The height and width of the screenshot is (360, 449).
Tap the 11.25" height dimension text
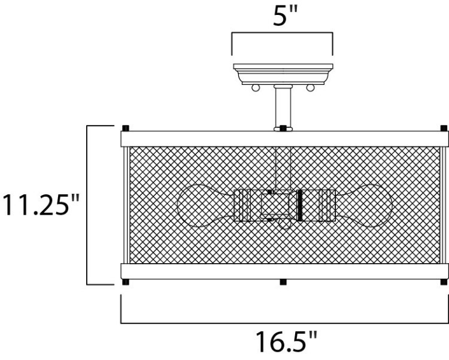40,205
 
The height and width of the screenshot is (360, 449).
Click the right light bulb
365,206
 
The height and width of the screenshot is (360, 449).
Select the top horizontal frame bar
284,139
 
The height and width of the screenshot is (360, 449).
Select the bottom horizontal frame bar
284,271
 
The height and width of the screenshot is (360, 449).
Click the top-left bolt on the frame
126,128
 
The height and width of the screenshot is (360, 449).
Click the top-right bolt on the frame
443,128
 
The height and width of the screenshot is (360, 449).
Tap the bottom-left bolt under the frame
126,282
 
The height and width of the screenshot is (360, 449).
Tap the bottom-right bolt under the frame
443,282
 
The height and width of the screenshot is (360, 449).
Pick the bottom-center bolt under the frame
282,282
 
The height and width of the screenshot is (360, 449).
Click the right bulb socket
318,206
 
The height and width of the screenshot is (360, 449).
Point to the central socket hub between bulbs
277,206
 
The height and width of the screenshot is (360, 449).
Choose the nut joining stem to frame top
283,127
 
